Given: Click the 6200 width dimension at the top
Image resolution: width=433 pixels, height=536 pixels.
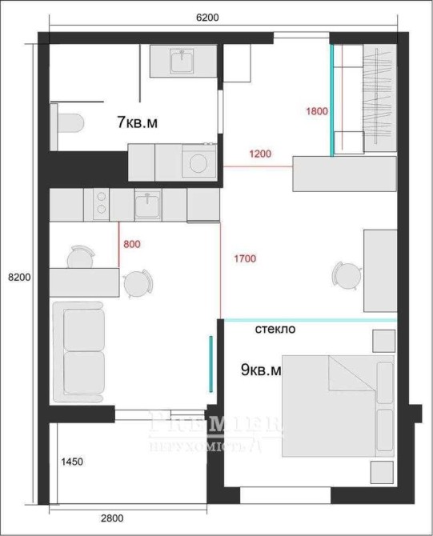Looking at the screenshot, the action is click(x=207, y=17).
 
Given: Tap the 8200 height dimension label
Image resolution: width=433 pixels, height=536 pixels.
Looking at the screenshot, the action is click(x=19, y=278).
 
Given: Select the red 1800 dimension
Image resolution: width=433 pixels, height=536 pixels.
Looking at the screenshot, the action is click(x=317, y=111).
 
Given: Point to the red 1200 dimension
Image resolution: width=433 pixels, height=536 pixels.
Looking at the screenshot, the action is click(x=260, y=154).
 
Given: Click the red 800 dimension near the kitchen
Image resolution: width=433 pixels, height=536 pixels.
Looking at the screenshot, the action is click(x=132, y=244).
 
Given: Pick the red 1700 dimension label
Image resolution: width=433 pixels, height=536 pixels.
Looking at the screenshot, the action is click(x=245, y=258).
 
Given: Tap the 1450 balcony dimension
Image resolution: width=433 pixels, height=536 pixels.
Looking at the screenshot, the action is click(x=72, y=462).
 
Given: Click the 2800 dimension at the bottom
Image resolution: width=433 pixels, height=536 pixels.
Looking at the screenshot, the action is click(x=112, y=518).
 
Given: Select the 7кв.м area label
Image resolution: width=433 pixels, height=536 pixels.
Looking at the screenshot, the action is click(x=137, y=122).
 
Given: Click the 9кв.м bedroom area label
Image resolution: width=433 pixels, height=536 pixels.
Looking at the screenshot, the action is click(x=261, y=370).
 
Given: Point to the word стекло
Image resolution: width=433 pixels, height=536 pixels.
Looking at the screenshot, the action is click(x=275, y=329).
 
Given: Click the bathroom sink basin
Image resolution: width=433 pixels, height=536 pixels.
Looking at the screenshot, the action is click(x=182, y=61).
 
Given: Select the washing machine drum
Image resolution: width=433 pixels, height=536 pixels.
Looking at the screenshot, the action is click(x=198, y=163).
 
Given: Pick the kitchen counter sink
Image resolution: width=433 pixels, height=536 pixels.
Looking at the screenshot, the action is click(x=148, y=205).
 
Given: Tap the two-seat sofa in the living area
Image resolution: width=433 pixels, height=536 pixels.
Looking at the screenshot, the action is click(x=78, y=352).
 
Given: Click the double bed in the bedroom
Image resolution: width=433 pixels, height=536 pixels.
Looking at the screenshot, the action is click(x=338, y=406).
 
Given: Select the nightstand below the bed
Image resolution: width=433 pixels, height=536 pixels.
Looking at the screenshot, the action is click(x=382, y=473).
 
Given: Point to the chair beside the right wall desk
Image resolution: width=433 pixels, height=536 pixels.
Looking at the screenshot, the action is click(x=347, y=275).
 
